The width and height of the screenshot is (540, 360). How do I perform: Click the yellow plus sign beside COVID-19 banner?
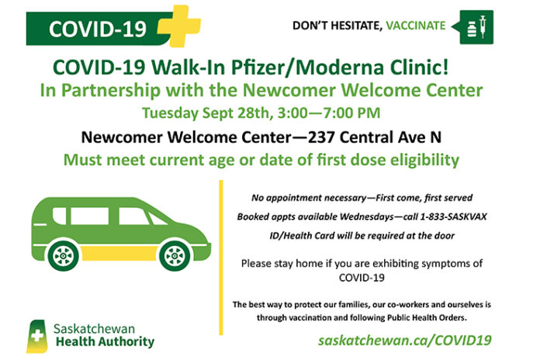point(180,26)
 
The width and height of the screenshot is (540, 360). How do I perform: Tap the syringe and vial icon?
point(476,27)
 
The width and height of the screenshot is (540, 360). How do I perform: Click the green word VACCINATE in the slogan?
point(416,26)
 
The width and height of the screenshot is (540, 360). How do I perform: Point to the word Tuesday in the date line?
point(170,113)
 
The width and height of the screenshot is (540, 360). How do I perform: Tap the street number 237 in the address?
point(321,137)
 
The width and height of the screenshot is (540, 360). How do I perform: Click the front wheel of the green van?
point(175,256)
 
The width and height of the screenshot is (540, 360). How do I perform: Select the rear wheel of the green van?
point(64,256)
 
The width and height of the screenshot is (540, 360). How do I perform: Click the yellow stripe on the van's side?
point(119,253)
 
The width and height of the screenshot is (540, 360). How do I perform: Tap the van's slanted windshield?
point(157,219)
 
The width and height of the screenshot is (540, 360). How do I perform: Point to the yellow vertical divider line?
point(221,258)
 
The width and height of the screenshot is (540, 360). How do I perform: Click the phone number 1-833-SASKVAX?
point(453,216)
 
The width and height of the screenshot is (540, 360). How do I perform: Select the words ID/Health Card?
point(302,236)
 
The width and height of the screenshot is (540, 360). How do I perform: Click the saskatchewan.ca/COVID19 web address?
point(405,341)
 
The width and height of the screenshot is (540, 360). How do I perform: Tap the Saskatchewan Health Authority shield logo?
point(36,336)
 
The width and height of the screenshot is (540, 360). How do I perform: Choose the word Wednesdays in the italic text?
point(366,216)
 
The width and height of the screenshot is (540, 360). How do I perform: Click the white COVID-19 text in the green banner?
point(98,29)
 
